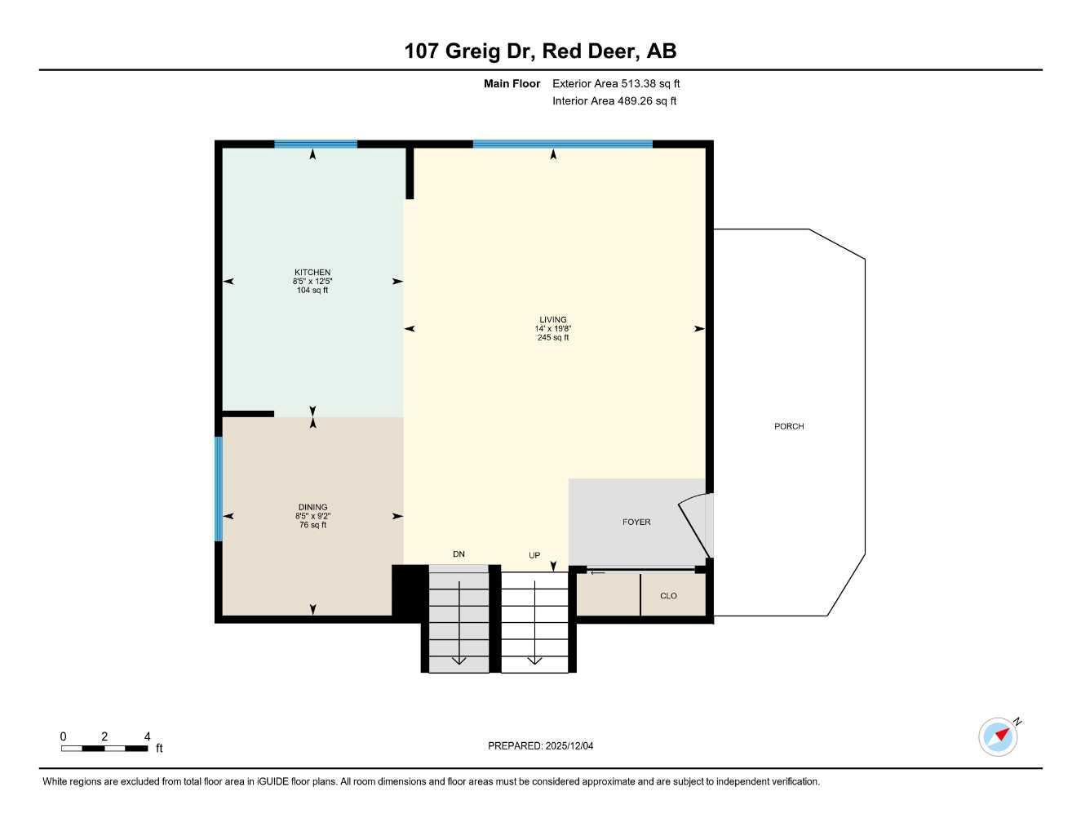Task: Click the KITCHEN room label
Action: click(x=312, y=273)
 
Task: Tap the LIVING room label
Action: click(x=552, y=320)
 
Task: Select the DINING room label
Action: click(x=312, y=507)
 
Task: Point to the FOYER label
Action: click(x=636, y=522)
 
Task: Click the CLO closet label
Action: click(x=668, y=596)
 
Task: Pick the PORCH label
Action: click(x=789, y=426)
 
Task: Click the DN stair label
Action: click(x=459, y=554)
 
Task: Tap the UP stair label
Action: click(x=534, y=555)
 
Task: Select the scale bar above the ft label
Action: click(x=104, y=748)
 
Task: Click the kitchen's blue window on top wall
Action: click(x=316, y=145)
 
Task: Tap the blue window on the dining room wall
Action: click(x=219, y=489)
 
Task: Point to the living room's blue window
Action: click(x=562, y=145)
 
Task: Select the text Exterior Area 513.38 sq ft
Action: click(x=616, y=83)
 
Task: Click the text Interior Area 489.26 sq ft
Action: click(x=614, y=101)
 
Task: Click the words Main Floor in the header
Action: click(x=512, y=83)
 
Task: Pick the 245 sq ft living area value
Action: click(x=552, y=337)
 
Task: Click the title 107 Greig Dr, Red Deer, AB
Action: click(x=540, y=51)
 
